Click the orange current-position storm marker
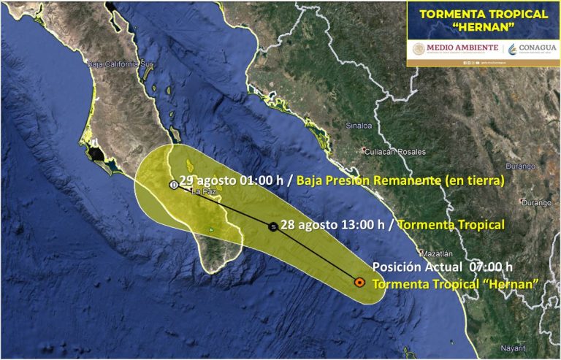point(359,281)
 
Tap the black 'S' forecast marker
point(272,226)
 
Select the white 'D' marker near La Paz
point(173,185)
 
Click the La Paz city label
point(201,192)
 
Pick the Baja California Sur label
point(120,64)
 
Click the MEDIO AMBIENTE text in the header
point(462,48)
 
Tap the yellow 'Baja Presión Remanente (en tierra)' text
point(401,180)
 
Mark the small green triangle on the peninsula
point(210,231)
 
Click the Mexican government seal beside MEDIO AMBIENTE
point(418,48)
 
